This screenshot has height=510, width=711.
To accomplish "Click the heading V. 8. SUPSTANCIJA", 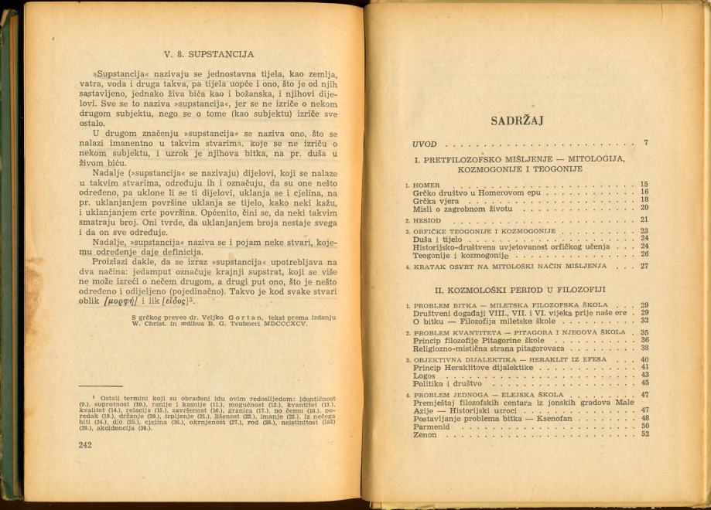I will coord(209,55).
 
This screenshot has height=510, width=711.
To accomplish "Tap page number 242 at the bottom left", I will coord(85,444).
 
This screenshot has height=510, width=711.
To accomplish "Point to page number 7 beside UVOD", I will coord(644,143).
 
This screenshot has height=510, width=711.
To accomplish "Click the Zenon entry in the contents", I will coord(425,434).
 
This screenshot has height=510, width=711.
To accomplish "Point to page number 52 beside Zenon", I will coord(644,434).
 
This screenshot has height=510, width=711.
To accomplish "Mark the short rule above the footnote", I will coord(100,385).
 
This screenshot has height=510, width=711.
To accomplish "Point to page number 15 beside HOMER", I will coord(644,185).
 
